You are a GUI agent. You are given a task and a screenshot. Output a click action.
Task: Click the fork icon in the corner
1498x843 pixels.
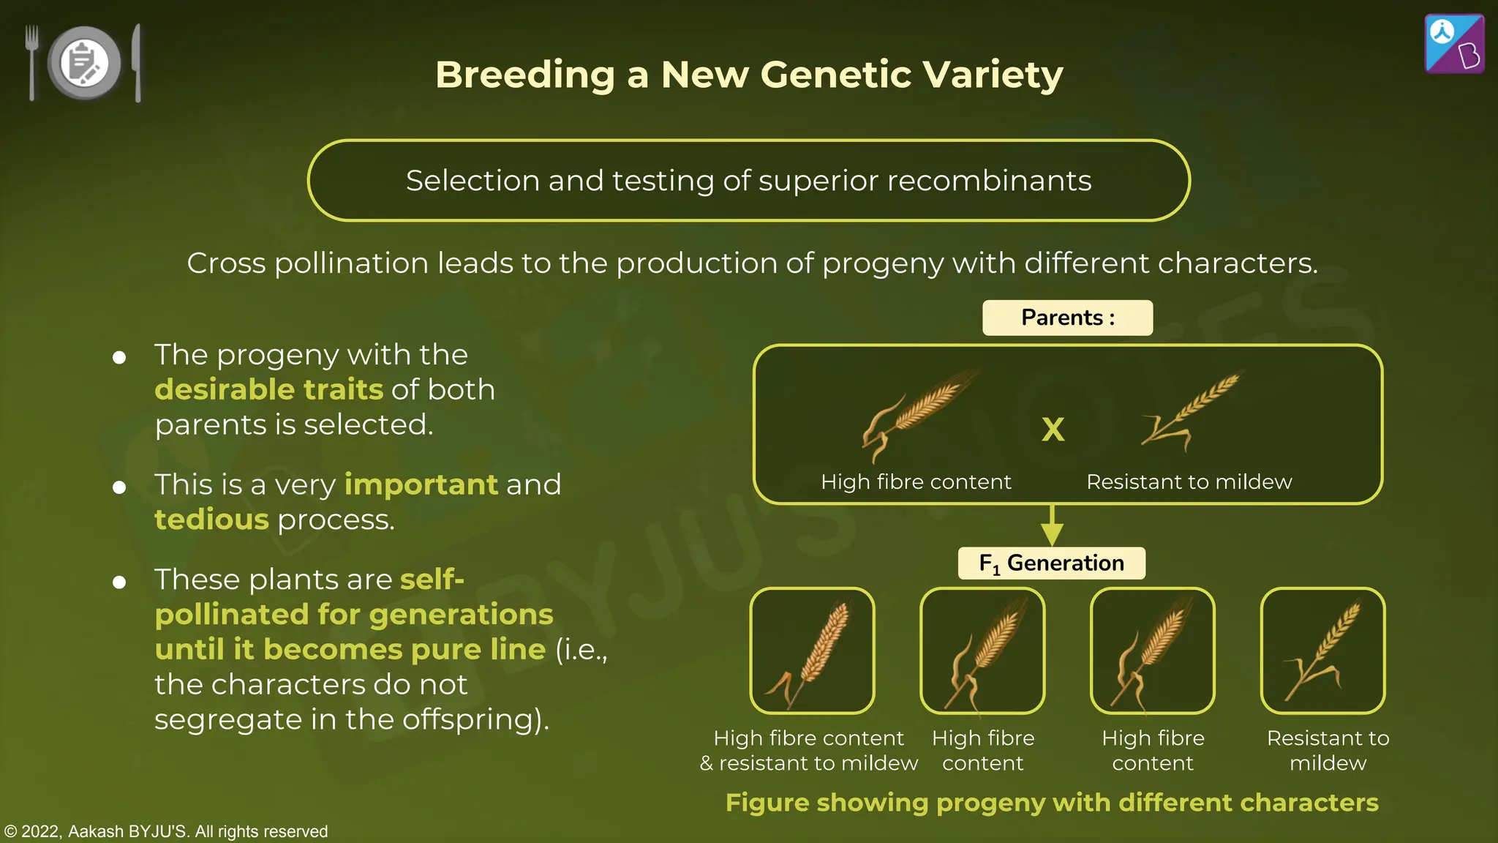pyautogui.click(x=31, y=61)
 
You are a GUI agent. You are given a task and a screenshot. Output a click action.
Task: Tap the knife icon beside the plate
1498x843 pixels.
pyautogui.click(x=137, y=63)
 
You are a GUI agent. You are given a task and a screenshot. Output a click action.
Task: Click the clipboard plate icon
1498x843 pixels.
pyautogui.click(x=84, y=63)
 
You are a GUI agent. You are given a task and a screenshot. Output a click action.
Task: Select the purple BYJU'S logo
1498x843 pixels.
pyautogui.click(x=1454, y=44)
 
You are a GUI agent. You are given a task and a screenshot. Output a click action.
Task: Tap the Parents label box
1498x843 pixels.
pyautogui.click(x=1067, y=318)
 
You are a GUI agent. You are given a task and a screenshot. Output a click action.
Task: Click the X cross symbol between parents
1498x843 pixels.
pyautogui.click(x=1053, y=430)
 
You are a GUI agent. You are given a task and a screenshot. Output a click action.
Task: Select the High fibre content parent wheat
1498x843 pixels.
pyautogui.click(x=918, y=413)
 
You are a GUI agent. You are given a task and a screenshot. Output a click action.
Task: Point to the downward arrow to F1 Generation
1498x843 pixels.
pyautogui.click(x=1052, y=525)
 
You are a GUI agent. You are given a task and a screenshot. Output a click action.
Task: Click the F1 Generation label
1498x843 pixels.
pyautogui.click(x=1052, y=563)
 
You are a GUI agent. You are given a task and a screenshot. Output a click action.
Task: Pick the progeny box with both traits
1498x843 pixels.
pyautogui.click(x=812, y=651)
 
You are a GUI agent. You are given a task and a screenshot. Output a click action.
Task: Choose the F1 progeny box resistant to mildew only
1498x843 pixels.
pyautogui.click(x=1322, y=651)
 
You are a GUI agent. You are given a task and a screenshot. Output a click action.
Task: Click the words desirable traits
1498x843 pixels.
pyautogui.click(x=268, y=389)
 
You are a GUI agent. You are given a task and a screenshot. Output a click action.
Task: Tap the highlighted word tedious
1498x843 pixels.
pyautogui.click(x=211, y=520)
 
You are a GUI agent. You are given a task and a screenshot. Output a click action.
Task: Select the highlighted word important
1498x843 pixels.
pyautogui.click(x=421, y=484)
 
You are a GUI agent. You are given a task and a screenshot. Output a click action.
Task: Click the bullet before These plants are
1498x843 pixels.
pyautogui.click(x=119, y=582)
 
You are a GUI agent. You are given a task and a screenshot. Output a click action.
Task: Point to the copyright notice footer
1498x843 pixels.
pyautogui.click(x=166, y=831)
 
